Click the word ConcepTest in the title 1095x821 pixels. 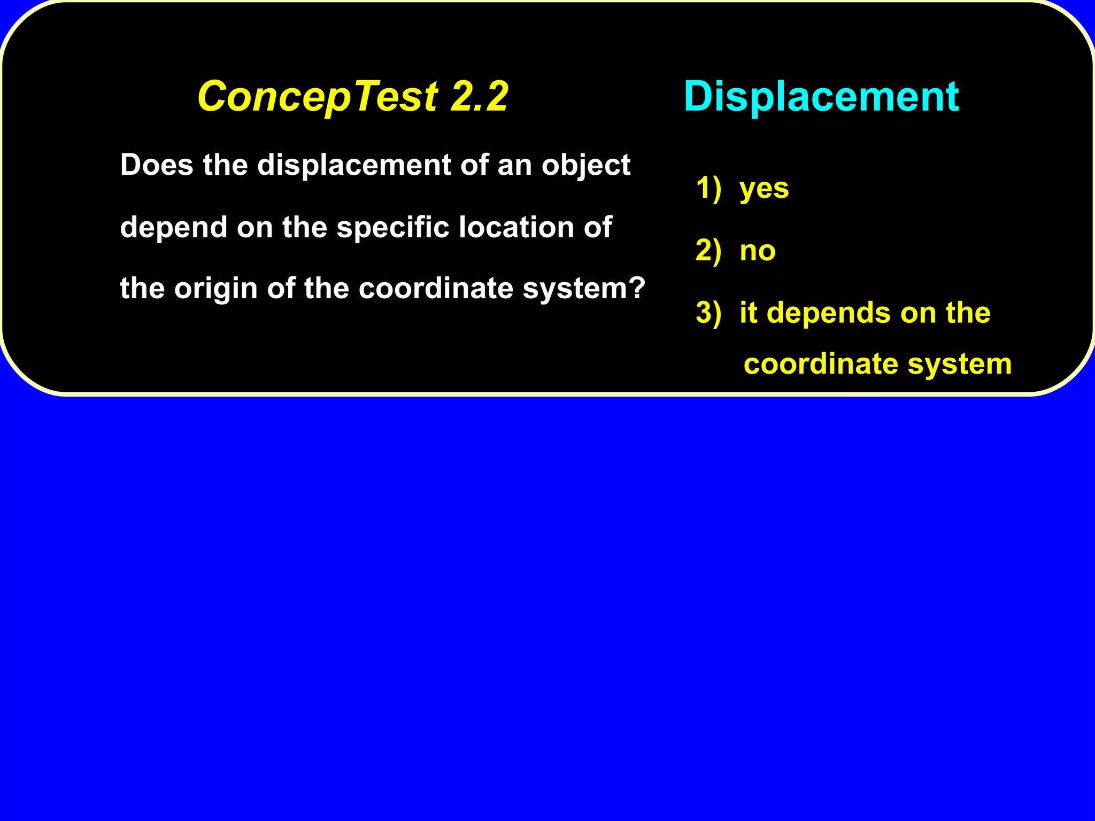coord(318,97)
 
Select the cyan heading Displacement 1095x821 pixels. coord(821,97)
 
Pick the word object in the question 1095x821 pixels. coord(586,166)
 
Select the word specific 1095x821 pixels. coord(392,228)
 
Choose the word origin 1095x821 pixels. coord(216,289)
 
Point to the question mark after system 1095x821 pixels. coord(637,288)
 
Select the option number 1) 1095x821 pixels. coord(708,188)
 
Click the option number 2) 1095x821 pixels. coord(708,251)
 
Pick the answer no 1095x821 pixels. coord(758,251)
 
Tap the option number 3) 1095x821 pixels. coord(708,313)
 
